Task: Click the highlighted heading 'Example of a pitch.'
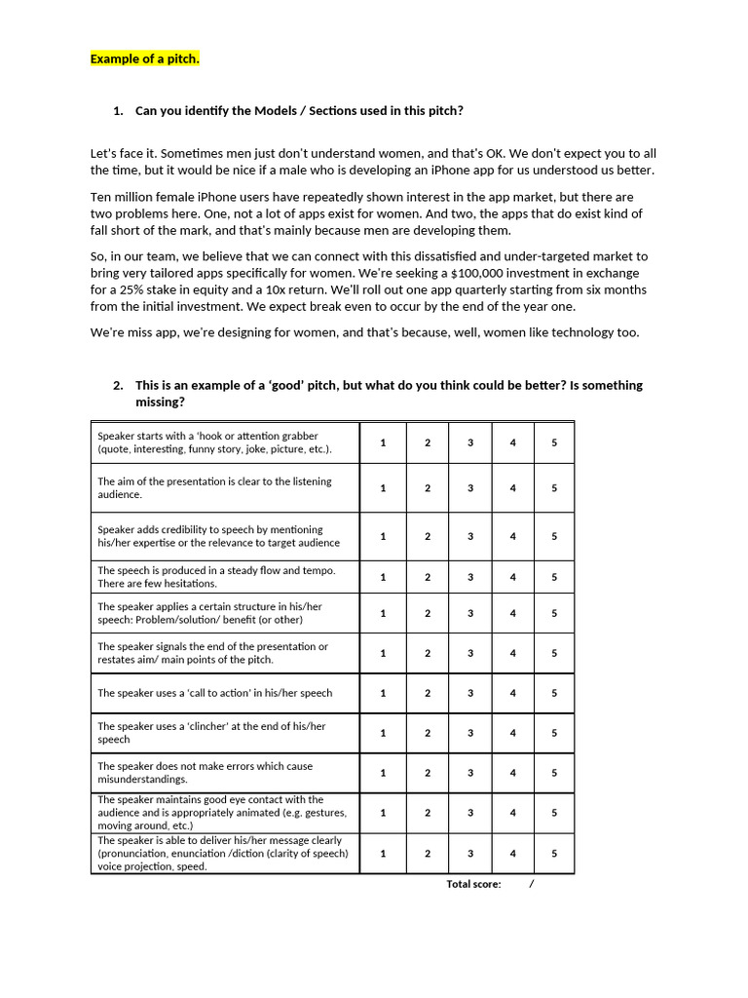click(145, 58)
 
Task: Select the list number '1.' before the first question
click(118, 110)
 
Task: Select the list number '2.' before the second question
click(118, 385)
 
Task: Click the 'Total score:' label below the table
click(473, 884)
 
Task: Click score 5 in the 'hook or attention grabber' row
click(554, 442)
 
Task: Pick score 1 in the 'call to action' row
click(383, 693)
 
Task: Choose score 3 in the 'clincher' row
click(469, 733)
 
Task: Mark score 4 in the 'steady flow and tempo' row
click(513, 577)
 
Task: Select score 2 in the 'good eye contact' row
click(427, 813)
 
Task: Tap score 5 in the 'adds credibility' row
click(554, 536)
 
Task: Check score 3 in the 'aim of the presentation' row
click(469, 488)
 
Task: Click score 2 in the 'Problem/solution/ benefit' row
click(427, 613)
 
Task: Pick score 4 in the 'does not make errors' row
click(513, 773)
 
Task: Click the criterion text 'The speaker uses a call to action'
click(214, 693)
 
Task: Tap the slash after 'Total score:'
click(532, 884)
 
